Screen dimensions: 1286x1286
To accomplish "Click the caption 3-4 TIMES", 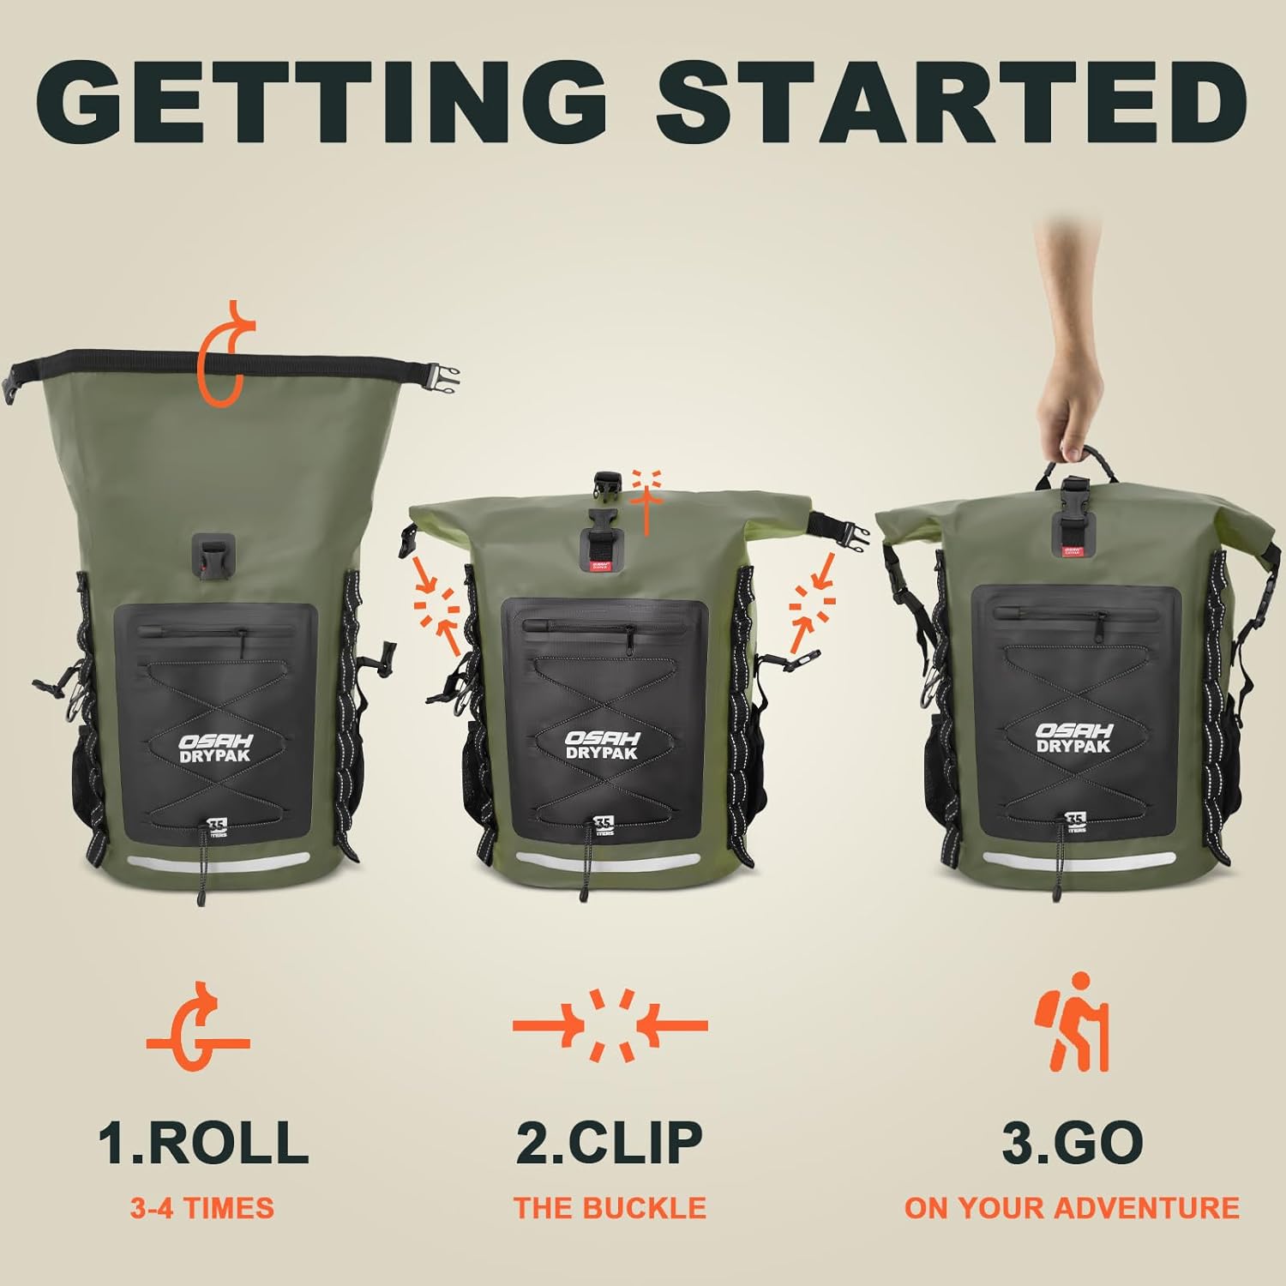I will tap(202, 1208).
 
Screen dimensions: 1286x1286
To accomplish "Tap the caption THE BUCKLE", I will tap(610, 1208).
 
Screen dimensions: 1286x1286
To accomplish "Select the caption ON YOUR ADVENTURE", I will tap(1072, 1208).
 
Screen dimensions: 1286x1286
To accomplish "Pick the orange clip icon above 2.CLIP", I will tap(610, 1025).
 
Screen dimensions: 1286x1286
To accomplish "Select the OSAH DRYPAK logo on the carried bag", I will tap(1073, 737).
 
